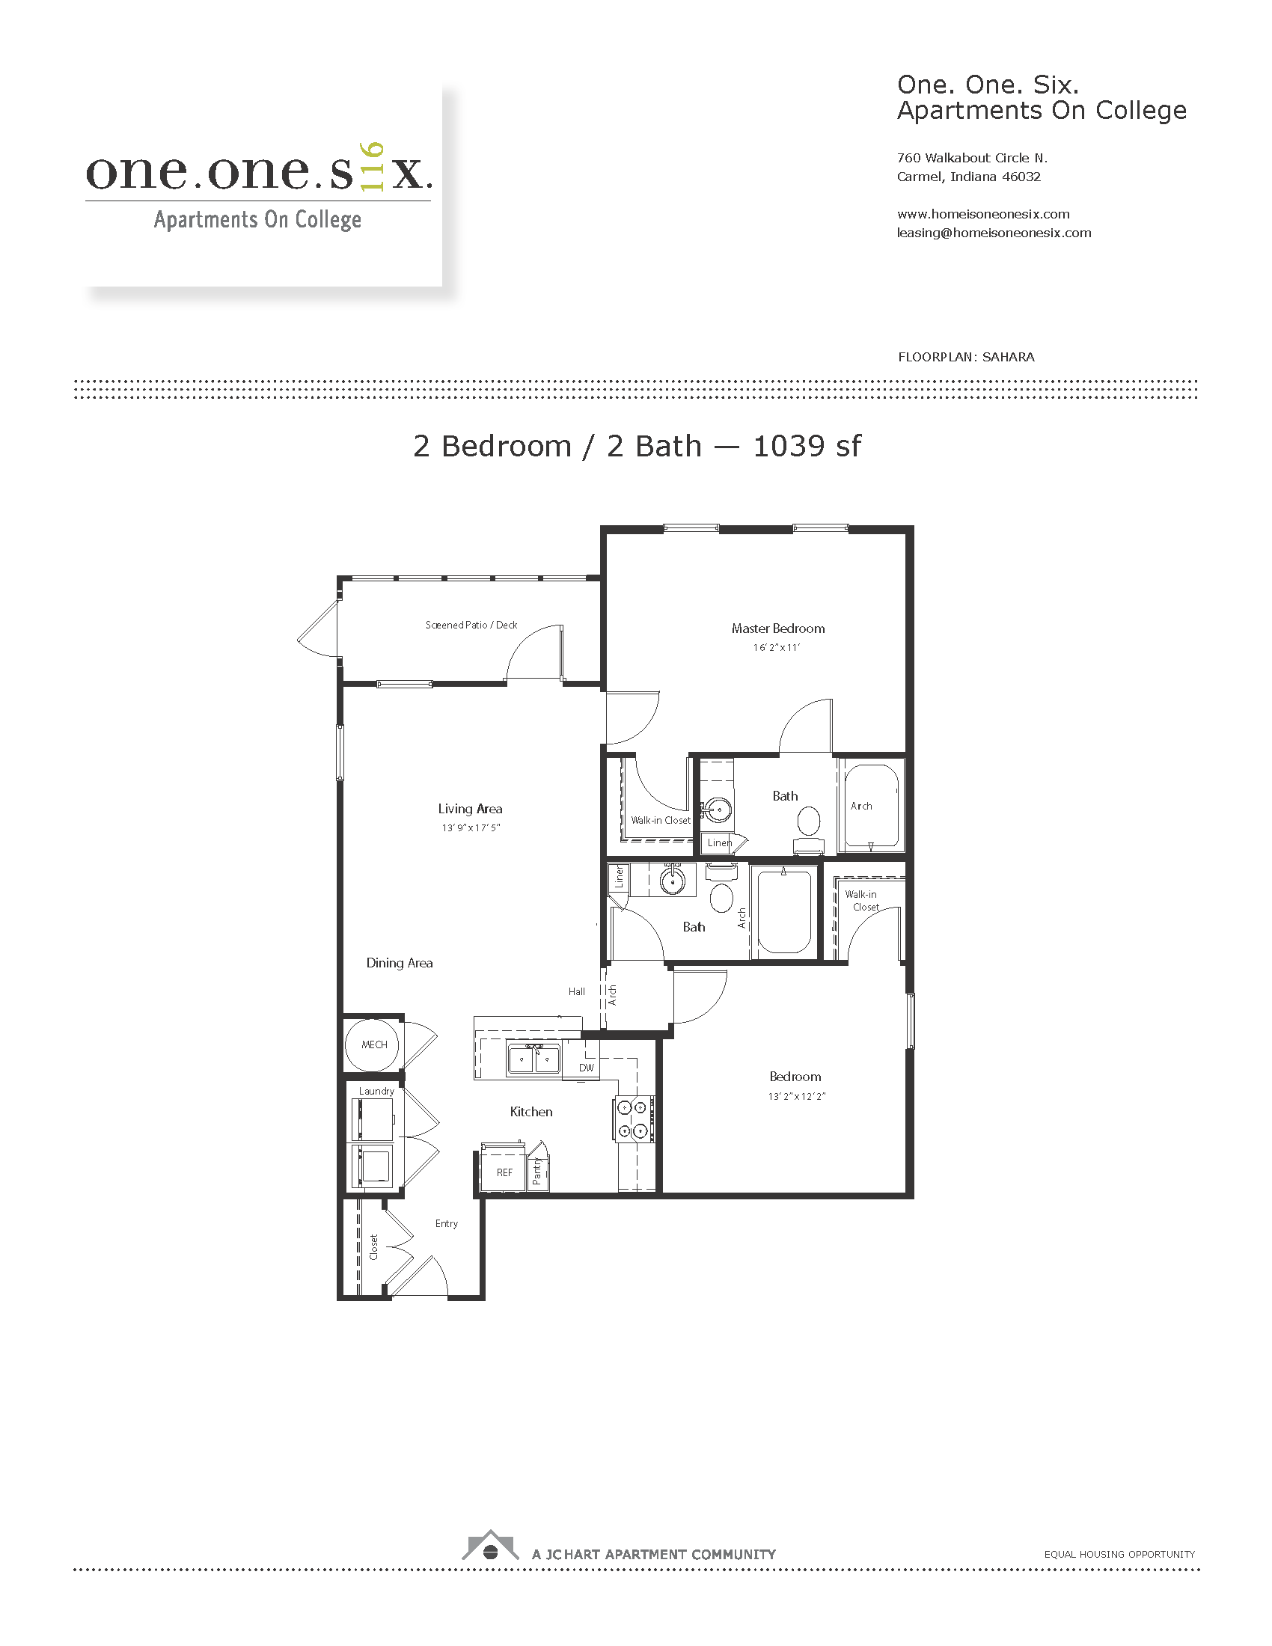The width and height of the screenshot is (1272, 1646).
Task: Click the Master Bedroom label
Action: pyautogui.click(x=777, y=628)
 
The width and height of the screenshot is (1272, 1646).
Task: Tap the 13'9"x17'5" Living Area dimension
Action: pyautogui.click(x=471, y=827)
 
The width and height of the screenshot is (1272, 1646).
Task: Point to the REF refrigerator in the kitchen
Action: pyautogui.click(x=503, y=1169)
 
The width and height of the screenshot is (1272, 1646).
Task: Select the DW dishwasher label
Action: pyautogui.click(x=587, y=1068)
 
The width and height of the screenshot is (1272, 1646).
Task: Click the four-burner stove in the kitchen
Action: pyautogui.click(x=633, y=1119)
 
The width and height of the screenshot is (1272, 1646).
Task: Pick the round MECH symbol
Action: pyautogui.click(x=374, y=1044)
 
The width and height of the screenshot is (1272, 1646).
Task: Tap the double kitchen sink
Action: pyautogui.click(x=533, y=1059)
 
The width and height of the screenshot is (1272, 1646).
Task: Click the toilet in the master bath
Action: pyautogui.click(x=809, y=829)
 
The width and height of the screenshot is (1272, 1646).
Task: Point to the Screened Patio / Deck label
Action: pyautogui.click(x=471, y=625)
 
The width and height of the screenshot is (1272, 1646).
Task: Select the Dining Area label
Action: pyautogui.click(x=400, y=963)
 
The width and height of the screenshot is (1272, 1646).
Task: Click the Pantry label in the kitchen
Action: pyautogui.click(x=537, y=1171)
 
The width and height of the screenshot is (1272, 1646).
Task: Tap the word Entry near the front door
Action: pyautogui.click(x=446, y=1223)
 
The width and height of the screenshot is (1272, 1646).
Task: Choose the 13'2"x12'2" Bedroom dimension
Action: pyautogui.click(x=797, y=1097)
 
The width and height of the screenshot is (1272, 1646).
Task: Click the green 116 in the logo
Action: pyautogui.click(x=373, y=166)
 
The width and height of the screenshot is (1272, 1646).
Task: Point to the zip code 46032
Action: pyautogui.click(x=1021, y=177)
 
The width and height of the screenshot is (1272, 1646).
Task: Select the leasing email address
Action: pyautogui.click(x=994, y=233)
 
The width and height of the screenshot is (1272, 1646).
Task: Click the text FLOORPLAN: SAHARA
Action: pyautogui.click(x=966, y=357)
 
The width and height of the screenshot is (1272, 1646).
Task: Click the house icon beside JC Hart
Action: pyautogui.click(x=491, y=1545)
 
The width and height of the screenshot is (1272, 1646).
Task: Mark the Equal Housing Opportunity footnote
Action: pyautogui.click(x=1119, y=1554)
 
